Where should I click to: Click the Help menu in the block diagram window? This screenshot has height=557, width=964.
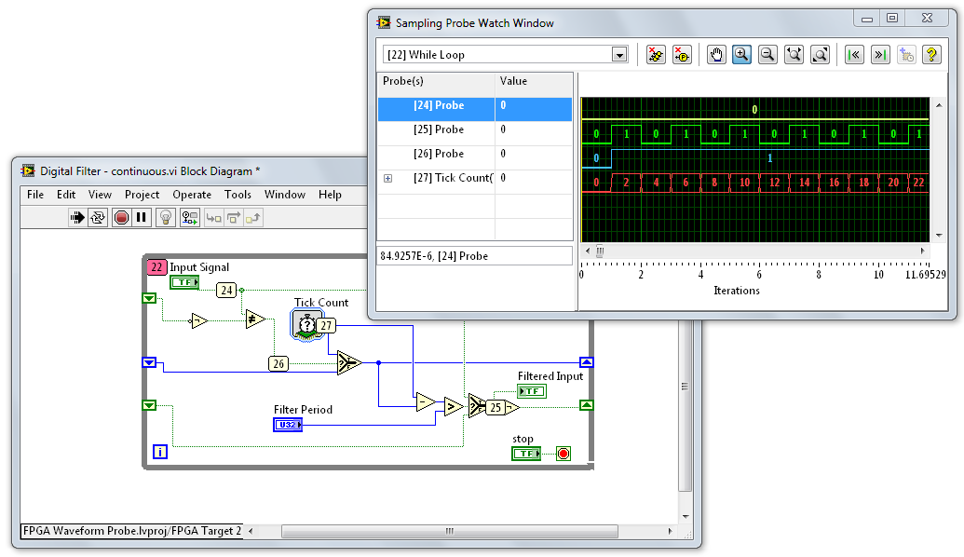click(330, 195)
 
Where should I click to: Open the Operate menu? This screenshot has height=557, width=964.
click(192, 195)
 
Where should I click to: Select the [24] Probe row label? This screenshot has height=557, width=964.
click(438, 106)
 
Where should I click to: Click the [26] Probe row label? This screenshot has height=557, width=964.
click(438, 155)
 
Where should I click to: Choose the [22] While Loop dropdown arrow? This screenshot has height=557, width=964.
click(619, 55)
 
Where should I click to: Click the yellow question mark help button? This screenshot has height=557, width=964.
click(931, 55)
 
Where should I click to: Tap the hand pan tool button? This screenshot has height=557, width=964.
click(716, 55)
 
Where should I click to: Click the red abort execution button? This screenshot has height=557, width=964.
click(121, 218)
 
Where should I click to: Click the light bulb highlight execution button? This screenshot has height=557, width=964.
click(166, 218)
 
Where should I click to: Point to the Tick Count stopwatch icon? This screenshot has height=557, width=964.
click(305, 324)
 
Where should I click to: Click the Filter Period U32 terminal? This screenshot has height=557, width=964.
click(287, 425)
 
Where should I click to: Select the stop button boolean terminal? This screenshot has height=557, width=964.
click(525, 454)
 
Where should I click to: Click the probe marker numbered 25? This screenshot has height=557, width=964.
click(496, 407)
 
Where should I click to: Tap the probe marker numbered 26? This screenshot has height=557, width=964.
click(278, 364)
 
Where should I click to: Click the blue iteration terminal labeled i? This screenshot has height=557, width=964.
click(160, 453)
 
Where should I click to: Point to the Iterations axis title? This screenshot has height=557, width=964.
click(736, 291)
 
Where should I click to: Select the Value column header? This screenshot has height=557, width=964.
click(513, 82)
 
